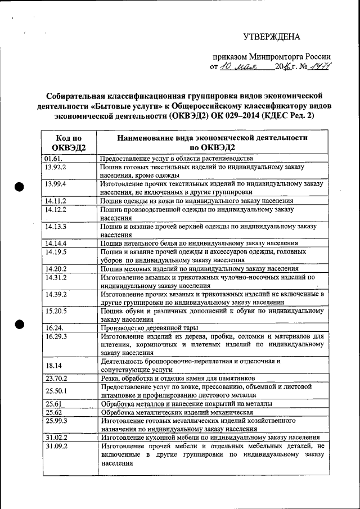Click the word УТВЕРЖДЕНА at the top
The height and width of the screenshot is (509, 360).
click(x=272, y=37)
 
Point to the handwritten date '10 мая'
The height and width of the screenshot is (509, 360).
click(x=238, y=66)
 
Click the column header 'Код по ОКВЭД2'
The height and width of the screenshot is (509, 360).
click(x=69, y=143)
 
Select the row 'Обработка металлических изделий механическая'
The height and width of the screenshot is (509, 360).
click(x=177, y=412)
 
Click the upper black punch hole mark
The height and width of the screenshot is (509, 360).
click(x=20, y=187)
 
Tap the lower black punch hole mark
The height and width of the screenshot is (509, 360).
click(x=20, y=323)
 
